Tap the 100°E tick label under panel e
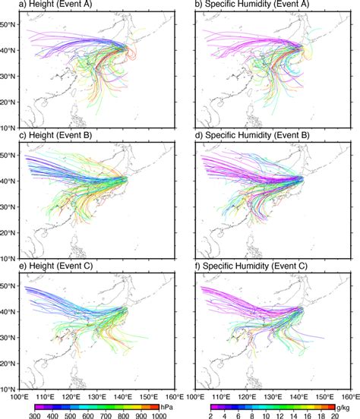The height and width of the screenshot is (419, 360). (x=19, y=396)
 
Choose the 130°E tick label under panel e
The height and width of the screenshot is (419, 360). (x=96, y=396)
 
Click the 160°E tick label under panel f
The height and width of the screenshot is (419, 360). (x=349, y=396)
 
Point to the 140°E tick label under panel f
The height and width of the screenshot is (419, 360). (x=298, y=396)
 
